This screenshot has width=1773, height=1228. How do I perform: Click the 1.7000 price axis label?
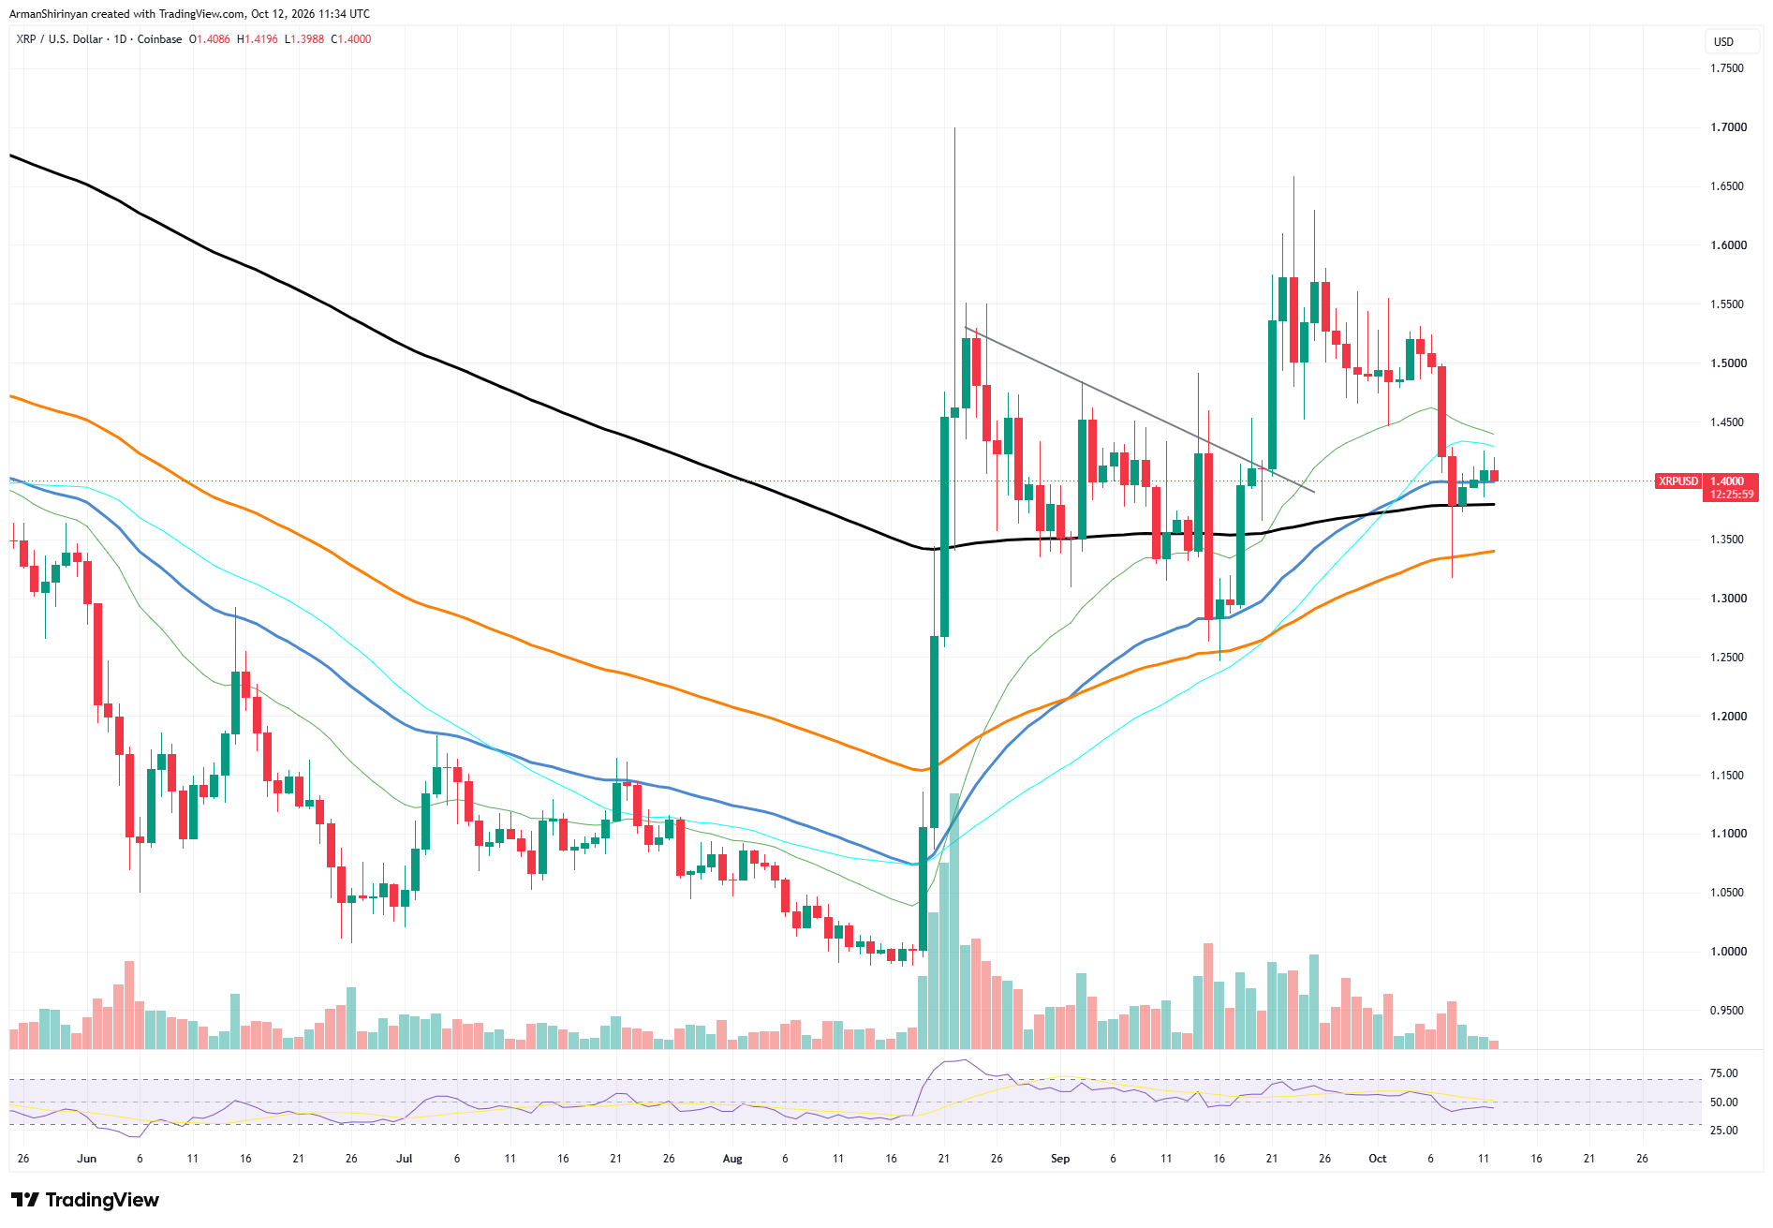1728,127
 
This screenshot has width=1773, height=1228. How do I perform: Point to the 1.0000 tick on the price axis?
1728,952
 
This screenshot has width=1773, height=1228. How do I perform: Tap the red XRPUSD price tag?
1678,481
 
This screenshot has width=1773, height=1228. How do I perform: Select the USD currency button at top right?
1723,42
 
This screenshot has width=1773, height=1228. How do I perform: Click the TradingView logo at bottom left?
85,1200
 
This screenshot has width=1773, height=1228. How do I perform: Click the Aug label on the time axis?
732,1159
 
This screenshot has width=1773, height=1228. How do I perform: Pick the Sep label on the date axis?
1060,1159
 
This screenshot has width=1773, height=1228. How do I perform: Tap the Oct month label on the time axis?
1378,1159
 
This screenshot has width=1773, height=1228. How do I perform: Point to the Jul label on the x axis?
405,1159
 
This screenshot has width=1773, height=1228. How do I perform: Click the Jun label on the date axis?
87,1159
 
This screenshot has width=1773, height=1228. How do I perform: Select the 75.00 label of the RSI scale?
1724,1073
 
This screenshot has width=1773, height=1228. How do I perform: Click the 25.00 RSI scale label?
1724,1131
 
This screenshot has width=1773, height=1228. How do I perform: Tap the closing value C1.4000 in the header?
351,39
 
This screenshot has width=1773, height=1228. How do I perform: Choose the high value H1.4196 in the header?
258,39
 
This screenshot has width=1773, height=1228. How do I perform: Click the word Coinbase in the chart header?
160,39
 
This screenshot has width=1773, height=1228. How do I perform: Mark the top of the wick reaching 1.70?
954,128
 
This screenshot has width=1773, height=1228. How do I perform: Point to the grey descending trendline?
1140,409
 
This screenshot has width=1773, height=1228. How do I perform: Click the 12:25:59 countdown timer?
1732,495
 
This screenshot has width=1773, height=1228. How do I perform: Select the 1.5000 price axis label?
1728,363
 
